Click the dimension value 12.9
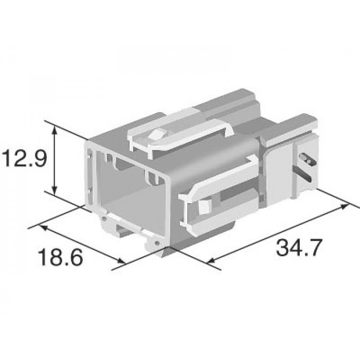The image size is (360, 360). pyautogui.click(x=25, y=158)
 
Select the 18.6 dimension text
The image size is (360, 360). pyautogui.click(x=61, y=257)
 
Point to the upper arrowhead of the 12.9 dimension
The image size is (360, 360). pyautogui.click(x=54, y=130)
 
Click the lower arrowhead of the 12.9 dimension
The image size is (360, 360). pyautogui.click(x=54, y=190)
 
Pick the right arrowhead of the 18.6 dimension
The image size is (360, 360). pyautogui.click(x=122, y=261)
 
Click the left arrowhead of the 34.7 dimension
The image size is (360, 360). pyautogui.click(x=211, y=260)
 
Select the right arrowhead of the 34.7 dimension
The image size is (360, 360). pyautogui.click(x=344, y=207)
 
